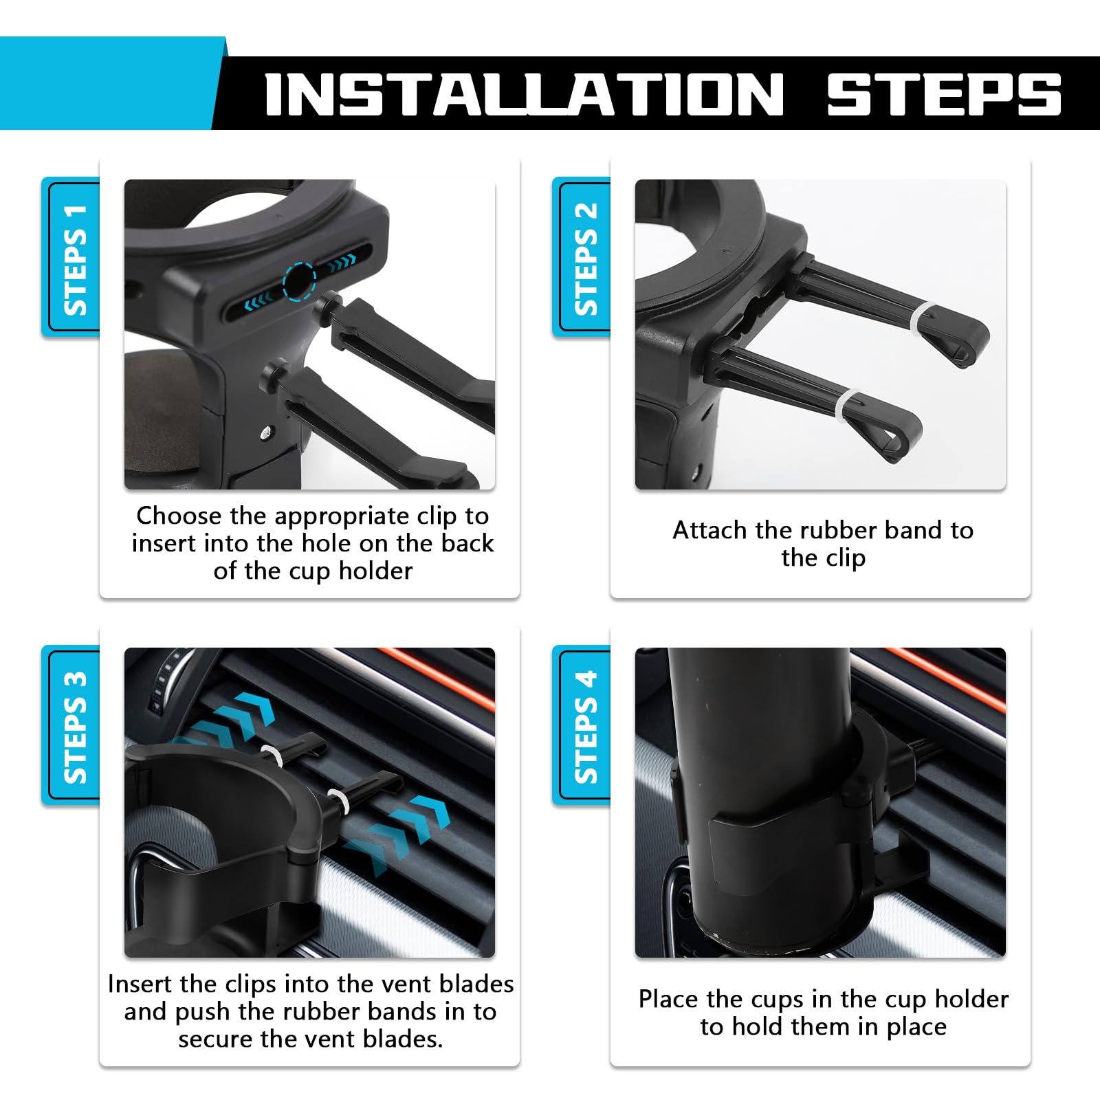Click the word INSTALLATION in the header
pos(524,94)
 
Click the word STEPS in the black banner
pos(944,94)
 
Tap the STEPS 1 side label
pos(74,259)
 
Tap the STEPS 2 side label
pos(585,259)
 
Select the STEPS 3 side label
pos(74,727)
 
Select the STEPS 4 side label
pos(585,727)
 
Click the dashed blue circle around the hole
pos(299,280)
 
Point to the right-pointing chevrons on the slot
pos(341,261)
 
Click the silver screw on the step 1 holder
pos(265,432)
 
